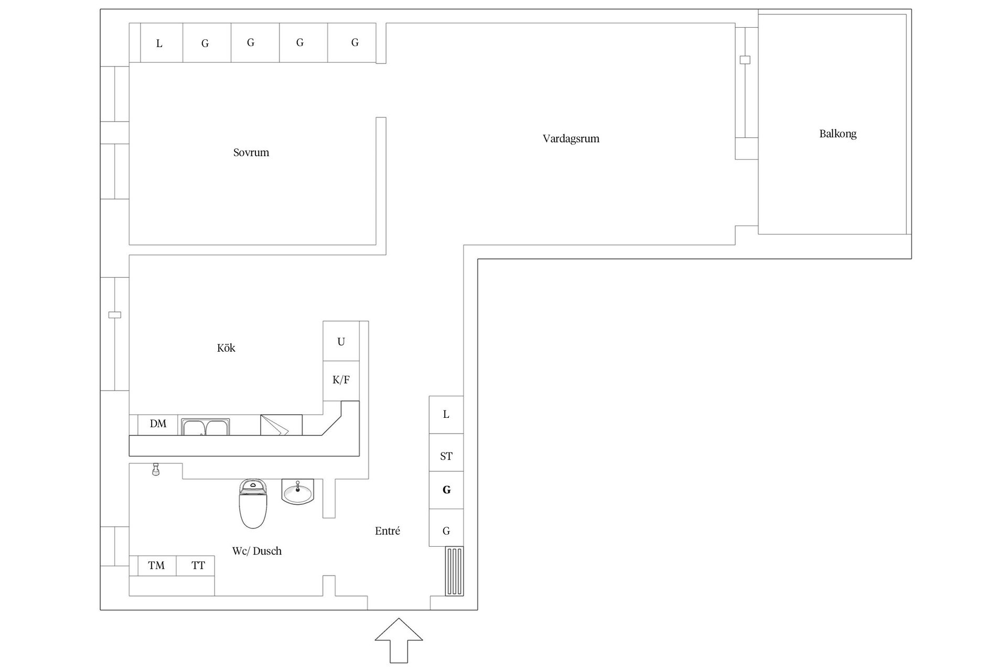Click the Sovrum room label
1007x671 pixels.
(x=251, y=153)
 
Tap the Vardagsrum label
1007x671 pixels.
(x=571, y=139)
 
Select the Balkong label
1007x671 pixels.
(x=838, y=134)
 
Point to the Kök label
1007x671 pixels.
(x=226, y=348)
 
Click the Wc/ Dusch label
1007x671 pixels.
(x=256, y=551)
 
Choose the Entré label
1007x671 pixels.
(x=388, y=531)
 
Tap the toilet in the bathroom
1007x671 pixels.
(x=253, y=503)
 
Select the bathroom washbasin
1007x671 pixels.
(x=298, y=492)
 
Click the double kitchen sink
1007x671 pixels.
(x=205, y=427)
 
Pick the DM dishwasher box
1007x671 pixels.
(x=158, y=424)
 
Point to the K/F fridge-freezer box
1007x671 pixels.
(x=341, y=381)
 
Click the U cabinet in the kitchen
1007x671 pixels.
(x=341, y=341)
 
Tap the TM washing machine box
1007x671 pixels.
(x=156, y=566)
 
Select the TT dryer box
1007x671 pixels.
(x=198, y=566)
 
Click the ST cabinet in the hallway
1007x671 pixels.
(x=446, y=456)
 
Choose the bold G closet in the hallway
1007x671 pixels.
(x=446, y=490)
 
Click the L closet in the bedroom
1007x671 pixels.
(x=159, y=44)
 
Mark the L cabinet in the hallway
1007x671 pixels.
(x=446, y=415)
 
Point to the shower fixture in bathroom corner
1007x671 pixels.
(x=155, y=469)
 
